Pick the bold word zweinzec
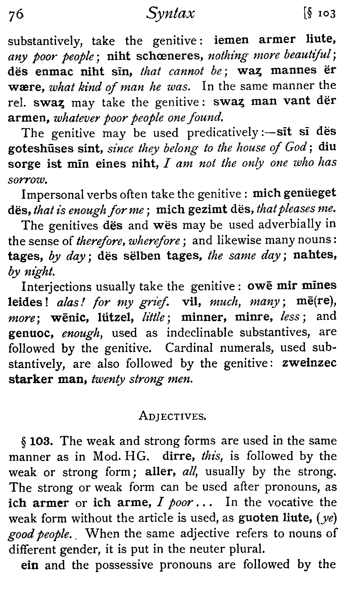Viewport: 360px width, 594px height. click(309, 363)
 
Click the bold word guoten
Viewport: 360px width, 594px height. click(258, 518)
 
